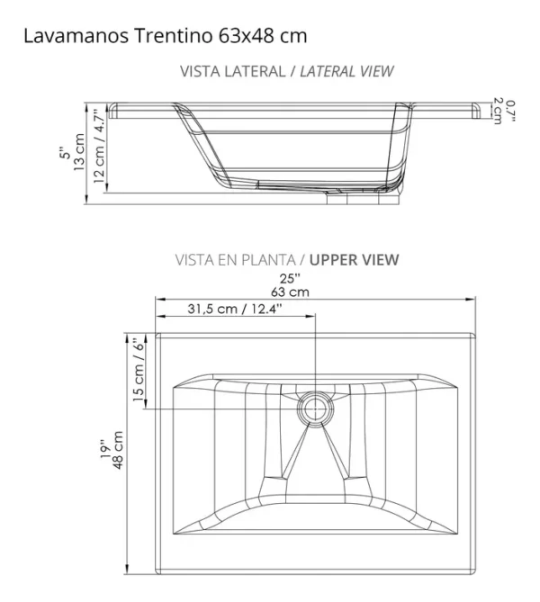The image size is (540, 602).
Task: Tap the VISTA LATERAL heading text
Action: click(230, 71)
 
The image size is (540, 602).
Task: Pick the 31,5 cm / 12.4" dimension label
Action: click(235, 309)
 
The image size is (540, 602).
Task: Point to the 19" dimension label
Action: click(103, 447)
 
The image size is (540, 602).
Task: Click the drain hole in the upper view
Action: click(314, 409)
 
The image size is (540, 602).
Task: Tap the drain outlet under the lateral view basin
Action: click(346, 196)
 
